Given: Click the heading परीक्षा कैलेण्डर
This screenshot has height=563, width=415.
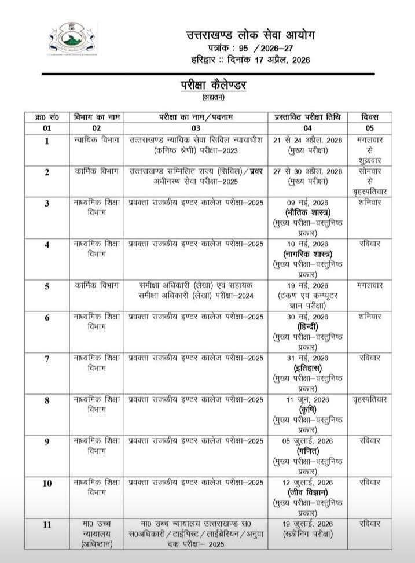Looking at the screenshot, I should click(212, 84).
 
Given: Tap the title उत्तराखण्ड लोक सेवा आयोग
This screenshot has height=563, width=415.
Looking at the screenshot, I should click(251, 35).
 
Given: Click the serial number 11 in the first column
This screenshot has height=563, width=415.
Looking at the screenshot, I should click(47, 525).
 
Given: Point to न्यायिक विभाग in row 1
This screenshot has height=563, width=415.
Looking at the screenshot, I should click(97, 140).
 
